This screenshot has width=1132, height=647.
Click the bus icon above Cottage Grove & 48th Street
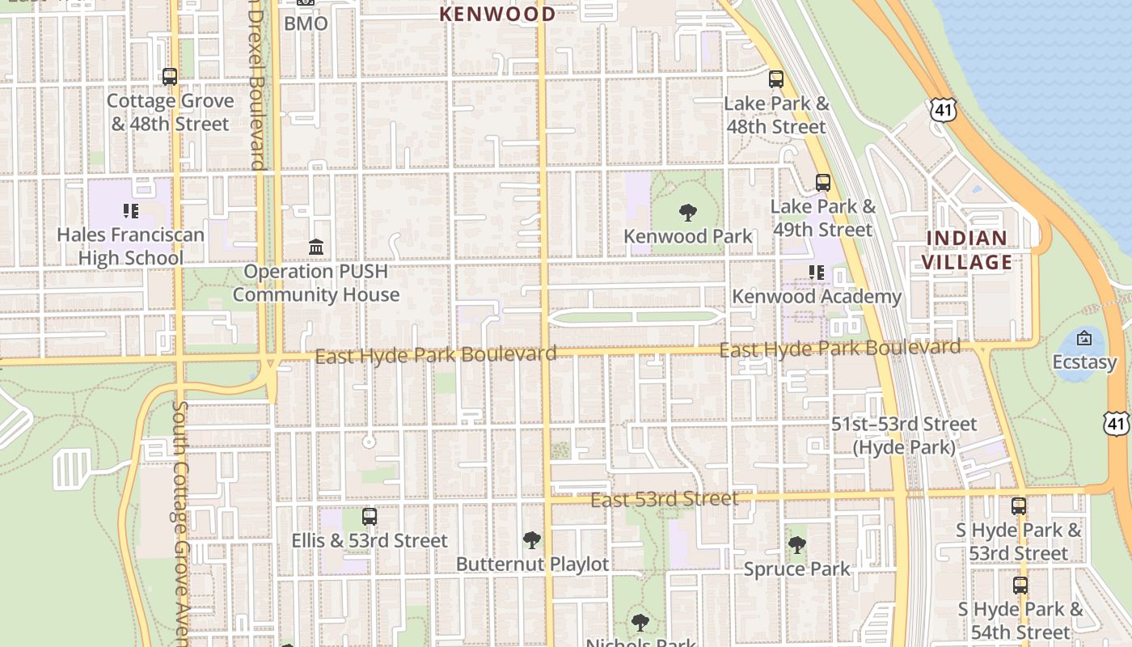click(170, 77)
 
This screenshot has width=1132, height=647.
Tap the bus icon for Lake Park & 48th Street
click(776, 79)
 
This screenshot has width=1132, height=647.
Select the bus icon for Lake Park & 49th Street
click(823, 183)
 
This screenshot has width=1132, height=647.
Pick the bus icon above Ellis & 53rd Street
click(370, 516)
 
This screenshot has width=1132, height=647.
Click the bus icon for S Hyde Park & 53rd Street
click(1019, 506)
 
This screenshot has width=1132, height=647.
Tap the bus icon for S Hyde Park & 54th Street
click(1020, 585)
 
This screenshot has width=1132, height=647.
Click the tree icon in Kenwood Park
click(688, 213)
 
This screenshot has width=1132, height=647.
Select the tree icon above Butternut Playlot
click(532, 539)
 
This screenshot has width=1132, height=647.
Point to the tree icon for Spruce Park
click(797, 545)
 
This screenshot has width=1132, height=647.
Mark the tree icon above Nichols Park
click(640, 623)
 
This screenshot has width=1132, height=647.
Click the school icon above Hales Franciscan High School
click(131, 211)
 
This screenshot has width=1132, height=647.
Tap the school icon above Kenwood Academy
click(817, 273)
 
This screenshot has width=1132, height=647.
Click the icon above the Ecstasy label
click(1084, 338)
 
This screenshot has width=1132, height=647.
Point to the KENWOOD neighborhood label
click(497, 14)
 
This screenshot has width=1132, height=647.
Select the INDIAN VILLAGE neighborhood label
click(967, 250)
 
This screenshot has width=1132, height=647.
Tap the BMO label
click(306, 23)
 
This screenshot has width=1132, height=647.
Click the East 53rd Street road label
click(664, 499)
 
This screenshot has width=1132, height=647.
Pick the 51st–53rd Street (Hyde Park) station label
click(904, 435)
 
